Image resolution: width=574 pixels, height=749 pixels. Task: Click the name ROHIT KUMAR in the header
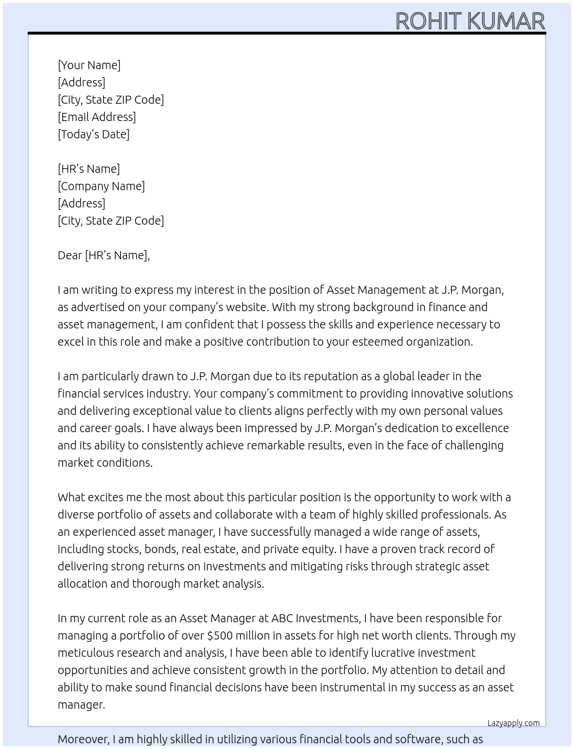(x=470, y=21)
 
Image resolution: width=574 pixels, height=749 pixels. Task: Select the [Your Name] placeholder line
(x=89, y=65)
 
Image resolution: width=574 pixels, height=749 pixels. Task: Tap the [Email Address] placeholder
(x=97, y=117)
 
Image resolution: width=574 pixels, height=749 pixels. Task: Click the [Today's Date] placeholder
(x=93, y=134)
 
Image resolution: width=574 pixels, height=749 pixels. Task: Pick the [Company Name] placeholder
(x=101, y=186)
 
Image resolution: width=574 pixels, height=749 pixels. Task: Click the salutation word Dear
(x=69, y=255)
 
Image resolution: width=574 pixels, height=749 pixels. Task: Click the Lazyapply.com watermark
(x=513, y=723)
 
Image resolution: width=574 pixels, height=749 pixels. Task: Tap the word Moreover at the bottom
(x=83, y=739)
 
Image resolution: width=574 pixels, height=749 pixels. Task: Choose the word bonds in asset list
(x=160, y=549)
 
